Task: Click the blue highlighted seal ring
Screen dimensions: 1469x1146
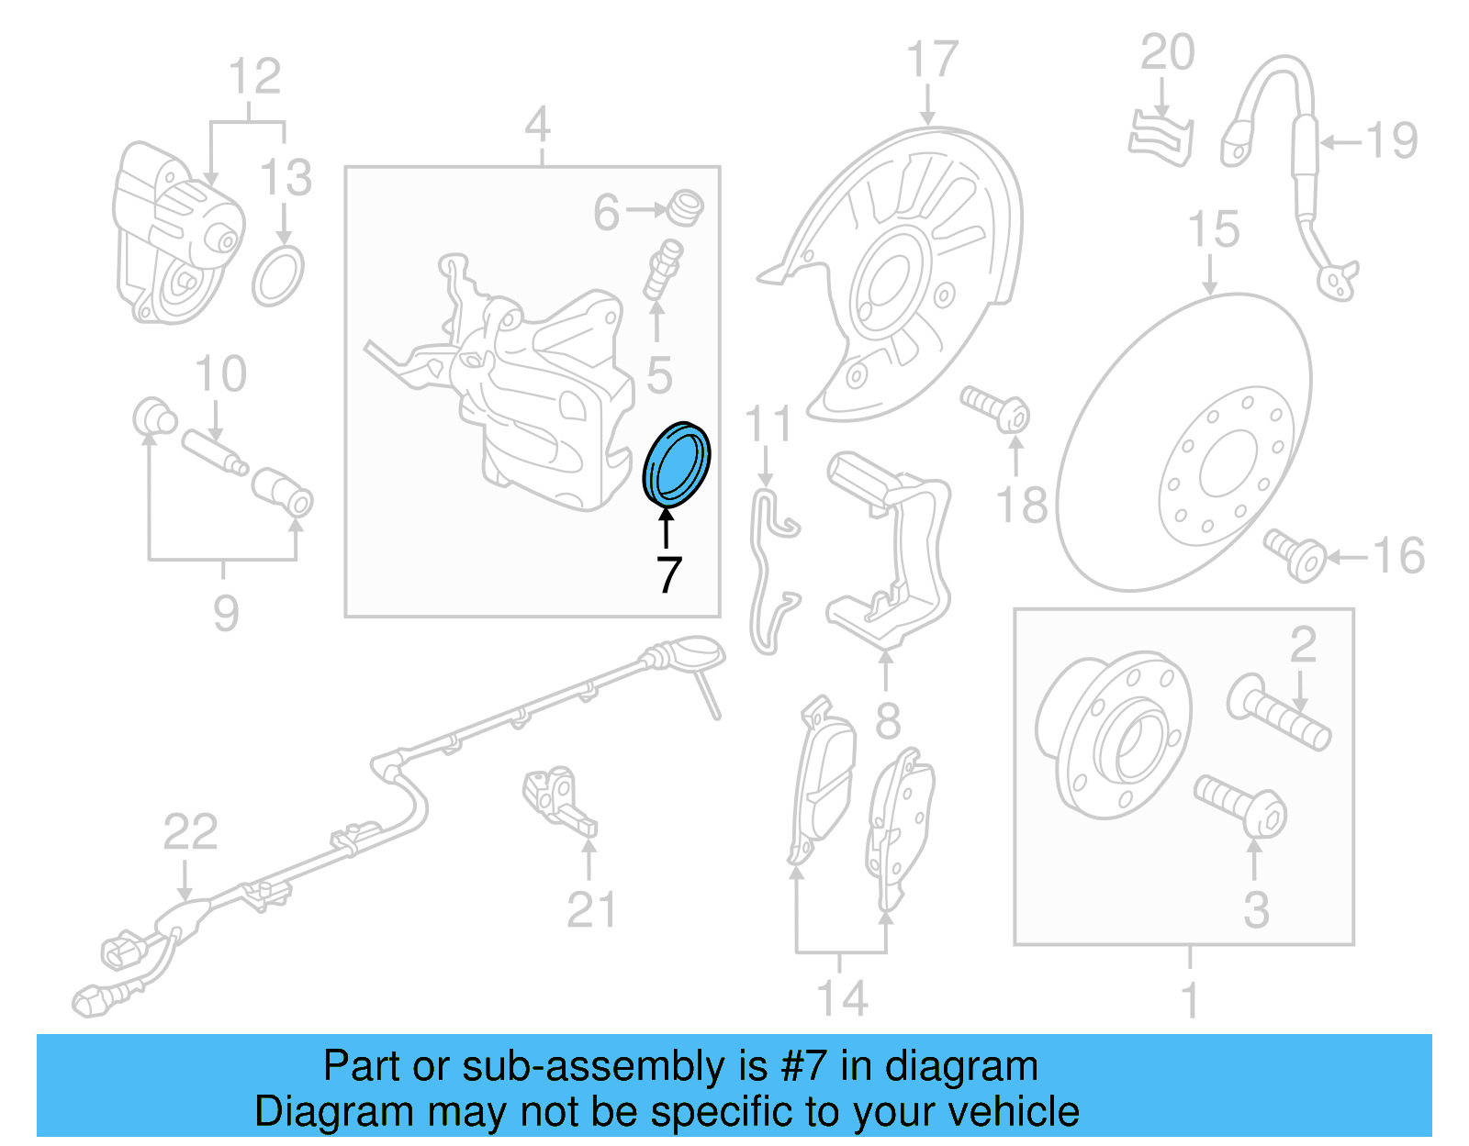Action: point(677,464)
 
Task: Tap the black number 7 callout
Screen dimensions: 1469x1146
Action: point(669,575)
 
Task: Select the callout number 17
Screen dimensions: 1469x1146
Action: point(932,61)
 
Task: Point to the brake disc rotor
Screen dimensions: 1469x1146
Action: point(1184,440)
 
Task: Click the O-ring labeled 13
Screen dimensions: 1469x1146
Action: point(277,276)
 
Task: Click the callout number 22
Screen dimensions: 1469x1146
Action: point(190,832)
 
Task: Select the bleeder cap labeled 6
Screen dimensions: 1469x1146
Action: point(685,207)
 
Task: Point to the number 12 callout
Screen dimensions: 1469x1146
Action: point(254,77)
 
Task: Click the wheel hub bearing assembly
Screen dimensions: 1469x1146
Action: point(1113,734)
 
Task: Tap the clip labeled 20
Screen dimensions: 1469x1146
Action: point(1161,139)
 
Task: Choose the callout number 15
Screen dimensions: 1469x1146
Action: point(1213,229)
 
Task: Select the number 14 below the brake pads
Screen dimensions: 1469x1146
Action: point(842,998)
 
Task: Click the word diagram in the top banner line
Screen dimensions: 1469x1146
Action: point(961,1067)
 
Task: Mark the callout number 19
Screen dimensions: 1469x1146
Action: point(1391,141)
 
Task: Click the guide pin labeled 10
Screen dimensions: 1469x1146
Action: point(213,452)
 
